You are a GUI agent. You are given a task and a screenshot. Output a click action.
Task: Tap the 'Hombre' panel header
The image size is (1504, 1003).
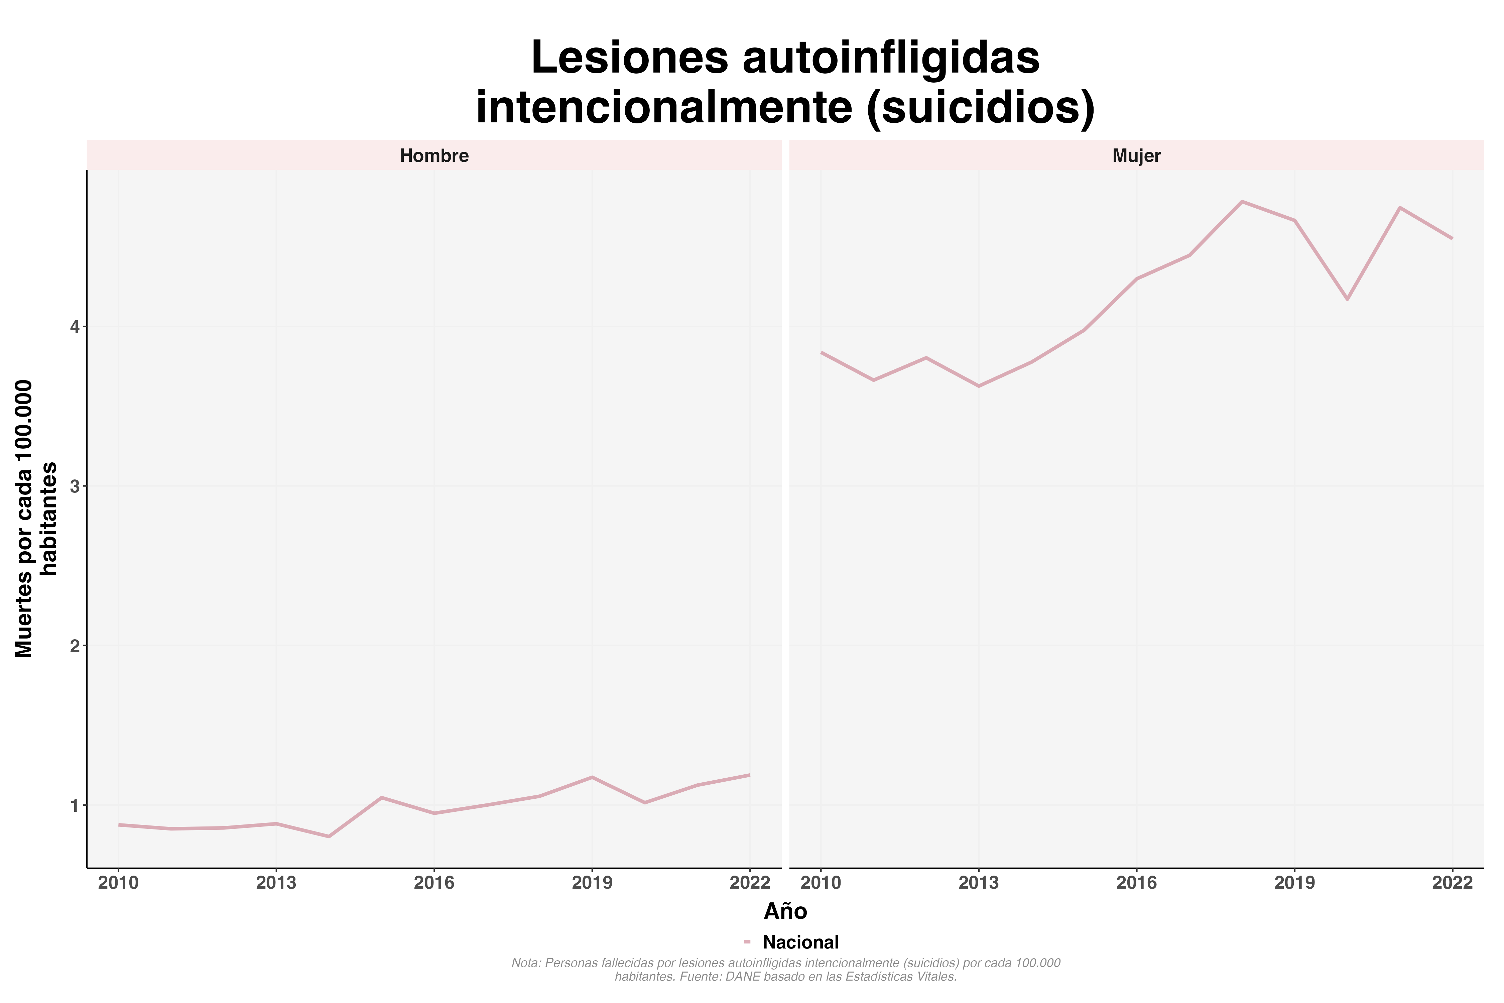point(434,156)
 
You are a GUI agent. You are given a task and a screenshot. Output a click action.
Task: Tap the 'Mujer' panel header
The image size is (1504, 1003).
point(1136,156)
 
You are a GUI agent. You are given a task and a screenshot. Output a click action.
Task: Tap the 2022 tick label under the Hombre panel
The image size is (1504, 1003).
point(749,883)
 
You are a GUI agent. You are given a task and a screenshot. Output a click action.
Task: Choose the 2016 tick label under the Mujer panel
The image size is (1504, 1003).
point(1136,883)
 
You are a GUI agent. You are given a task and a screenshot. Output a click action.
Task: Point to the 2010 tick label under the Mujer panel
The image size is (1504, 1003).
point(821,883)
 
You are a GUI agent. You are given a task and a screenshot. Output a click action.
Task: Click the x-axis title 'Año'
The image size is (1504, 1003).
point(785,911)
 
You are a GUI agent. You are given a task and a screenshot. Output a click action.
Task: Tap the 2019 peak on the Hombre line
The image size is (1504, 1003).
point(592,777)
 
